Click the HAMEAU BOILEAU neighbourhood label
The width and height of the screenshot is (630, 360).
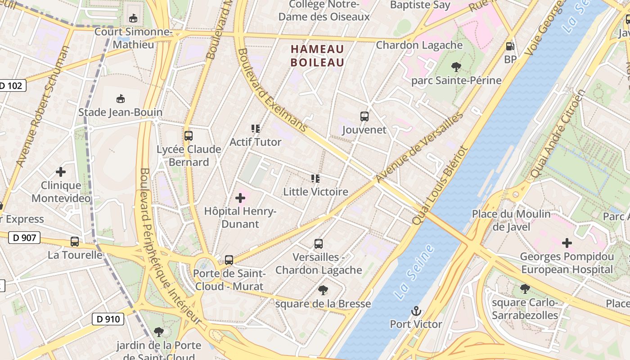pyautogui.click(x=317, y=56)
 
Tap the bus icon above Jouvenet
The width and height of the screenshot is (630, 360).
pyautogui.click(x=364, y=117)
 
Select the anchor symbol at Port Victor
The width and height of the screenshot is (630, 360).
pyautogui.click(x=416, y=311)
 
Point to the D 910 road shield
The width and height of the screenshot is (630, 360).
pyautogui.click(x=108, y=319)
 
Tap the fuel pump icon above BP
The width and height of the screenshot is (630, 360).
pyautogui.click(x=510, y=46)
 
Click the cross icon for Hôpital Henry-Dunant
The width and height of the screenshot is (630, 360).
pyautogui.click(x=240, y=198)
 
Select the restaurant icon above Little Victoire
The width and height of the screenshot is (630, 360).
pyautogui.click(x=315, y=179)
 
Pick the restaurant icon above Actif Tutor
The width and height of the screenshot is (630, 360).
pyautogui.click(x=256, y=129)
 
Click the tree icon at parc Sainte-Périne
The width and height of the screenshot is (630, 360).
pyautogui.click(x=456, y=67)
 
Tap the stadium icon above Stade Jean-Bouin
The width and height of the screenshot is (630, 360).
pyautogui.click(x=120, y=99)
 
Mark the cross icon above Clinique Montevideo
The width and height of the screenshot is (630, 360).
pyautogui.click(x=61, y=172)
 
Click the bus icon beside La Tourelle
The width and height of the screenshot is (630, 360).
pyautogui.click(x=75, y=242)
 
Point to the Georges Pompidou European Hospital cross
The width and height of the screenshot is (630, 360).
pyautogui.click(x=567, y=243)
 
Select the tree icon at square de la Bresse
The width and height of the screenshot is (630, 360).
pyautogui.click(x=323, y=290)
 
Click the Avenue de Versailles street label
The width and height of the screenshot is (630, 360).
pyautogui.click(x=419, y=148)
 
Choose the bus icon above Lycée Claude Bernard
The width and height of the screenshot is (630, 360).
pyautogui.click(x=189, y=135)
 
